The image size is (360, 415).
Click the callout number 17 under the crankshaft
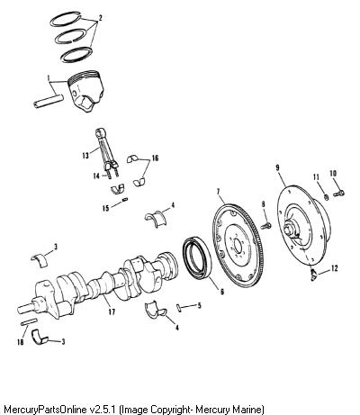[x=112, y=312]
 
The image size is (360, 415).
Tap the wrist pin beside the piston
[x=49, y=101]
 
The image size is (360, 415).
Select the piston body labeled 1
[x=86, y=91]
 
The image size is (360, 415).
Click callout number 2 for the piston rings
[x=101, y=18]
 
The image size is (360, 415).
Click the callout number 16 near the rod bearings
[x=155, y=158]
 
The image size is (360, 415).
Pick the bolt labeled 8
[x=265, y=225]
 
